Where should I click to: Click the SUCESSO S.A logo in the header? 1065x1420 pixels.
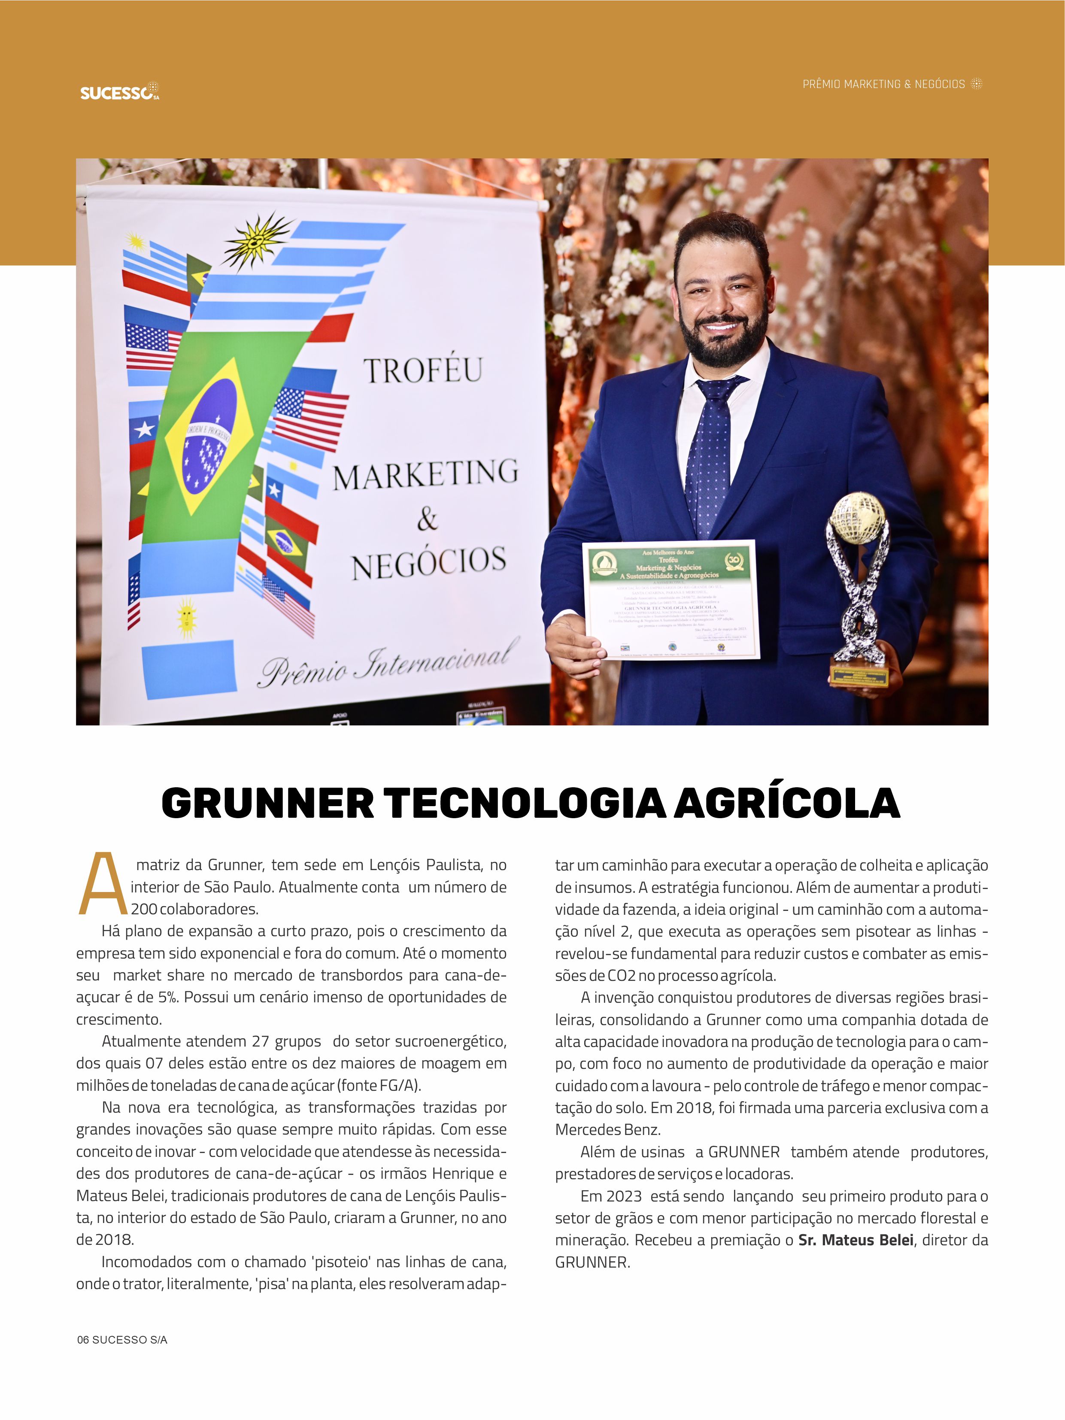pos(119,92)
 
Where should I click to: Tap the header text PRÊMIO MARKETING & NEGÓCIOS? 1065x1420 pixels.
pos(883,84)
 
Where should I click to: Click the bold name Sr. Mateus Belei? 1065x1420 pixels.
pos(856,1240)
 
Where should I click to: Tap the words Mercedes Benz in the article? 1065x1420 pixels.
pos(607,1129)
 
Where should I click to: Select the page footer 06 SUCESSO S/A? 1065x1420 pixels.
pos(122,1340)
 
